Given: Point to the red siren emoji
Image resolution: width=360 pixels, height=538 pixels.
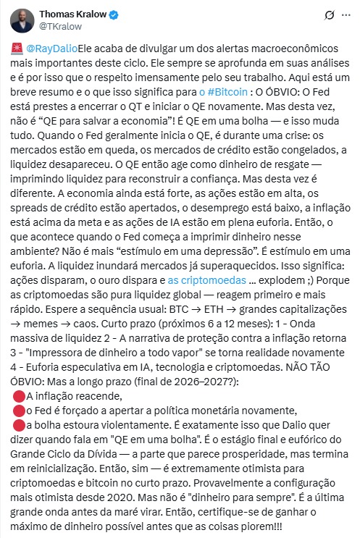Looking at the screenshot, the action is pyautogui.click(x=18, y=49).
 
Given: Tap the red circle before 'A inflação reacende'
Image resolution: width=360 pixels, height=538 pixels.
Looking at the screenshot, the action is pyautogui.click(x=18, y=395).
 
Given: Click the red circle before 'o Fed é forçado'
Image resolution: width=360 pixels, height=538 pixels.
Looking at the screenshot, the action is pyautogui.click(x=18, y=410).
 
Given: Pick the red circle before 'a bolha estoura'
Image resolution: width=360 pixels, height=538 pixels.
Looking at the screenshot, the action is pyautogui.click(x=18, y=424).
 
